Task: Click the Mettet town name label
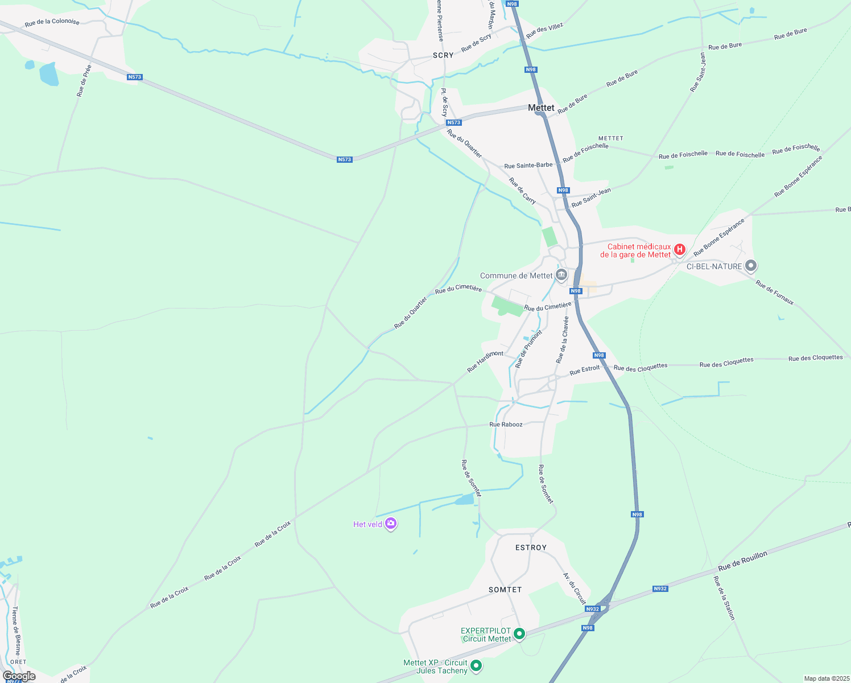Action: pos(540,108)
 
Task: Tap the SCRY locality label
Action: pos(443,55)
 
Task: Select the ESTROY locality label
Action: pos(531,548)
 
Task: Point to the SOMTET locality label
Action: pos(505,590)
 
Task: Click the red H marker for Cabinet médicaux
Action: pos(679,249)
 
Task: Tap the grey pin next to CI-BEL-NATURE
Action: pos(751,265)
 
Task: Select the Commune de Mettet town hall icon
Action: pos(561,275)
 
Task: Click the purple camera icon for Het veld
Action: pos(390,524)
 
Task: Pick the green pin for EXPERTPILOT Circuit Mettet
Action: pos(519,633)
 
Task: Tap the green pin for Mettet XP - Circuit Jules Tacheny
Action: pos(476,665)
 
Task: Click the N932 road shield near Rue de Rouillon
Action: pos(660,589)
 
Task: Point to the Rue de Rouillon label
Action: pos(742,561)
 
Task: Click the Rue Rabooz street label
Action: pos(506,425)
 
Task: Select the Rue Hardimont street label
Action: pos(485,361)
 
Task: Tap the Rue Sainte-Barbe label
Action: pos(528,166)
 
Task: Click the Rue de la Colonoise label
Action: pos(52,22)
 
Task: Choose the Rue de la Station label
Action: pos(724,598)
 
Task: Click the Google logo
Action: pos(19,676)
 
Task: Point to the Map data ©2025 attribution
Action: pos(826,678)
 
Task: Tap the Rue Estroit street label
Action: pos(585,369)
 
